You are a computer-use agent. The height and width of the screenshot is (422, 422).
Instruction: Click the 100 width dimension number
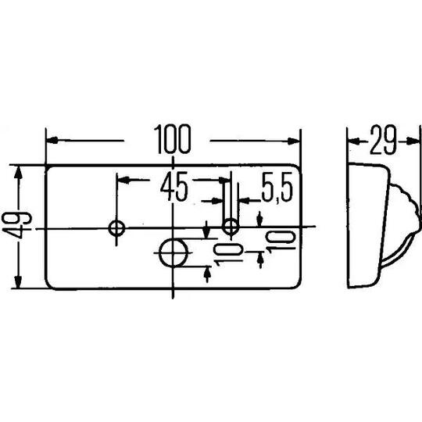173,139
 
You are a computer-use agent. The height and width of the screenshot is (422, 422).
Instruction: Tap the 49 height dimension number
16,225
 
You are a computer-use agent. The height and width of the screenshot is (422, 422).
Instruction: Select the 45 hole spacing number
173,187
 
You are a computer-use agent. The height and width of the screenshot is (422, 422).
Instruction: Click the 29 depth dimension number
383,140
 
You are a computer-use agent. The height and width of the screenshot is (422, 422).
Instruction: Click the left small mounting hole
116,228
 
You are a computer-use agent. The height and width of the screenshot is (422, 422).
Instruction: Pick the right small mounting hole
231,227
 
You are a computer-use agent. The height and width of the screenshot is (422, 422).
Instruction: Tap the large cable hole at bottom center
173,252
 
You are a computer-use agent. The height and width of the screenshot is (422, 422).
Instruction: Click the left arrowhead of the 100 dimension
53,140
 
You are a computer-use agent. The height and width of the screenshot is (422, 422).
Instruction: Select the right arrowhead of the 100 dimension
293,141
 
